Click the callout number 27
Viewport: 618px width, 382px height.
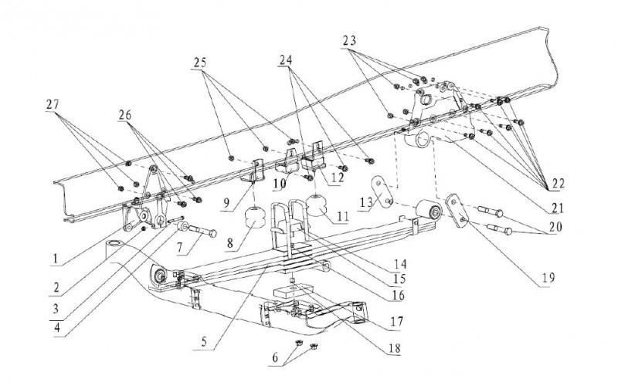(53, 104)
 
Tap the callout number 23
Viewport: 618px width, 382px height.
(349, 41)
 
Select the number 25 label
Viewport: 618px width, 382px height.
(200, 63)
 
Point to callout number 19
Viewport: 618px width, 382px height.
(548, 278)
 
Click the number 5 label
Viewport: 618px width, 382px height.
(204, 341)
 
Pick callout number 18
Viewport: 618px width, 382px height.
(394, 348)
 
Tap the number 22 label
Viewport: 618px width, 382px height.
(558, 184)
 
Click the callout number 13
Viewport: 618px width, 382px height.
(365, 203)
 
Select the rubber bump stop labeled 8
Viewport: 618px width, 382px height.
(255, 218)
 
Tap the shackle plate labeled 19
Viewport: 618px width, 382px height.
(457, 210)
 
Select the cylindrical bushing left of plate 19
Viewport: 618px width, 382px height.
(429, 209)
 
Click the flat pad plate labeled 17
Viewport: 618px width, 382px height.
(293, 293)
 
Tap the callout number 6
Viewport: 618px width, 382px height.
(275, 357)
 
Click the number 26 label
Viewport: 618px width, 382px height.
(125, 115)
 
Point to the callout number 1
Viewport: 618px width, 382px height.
(56, 259)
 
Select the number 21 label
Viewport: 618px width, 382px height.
(557, 208)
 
